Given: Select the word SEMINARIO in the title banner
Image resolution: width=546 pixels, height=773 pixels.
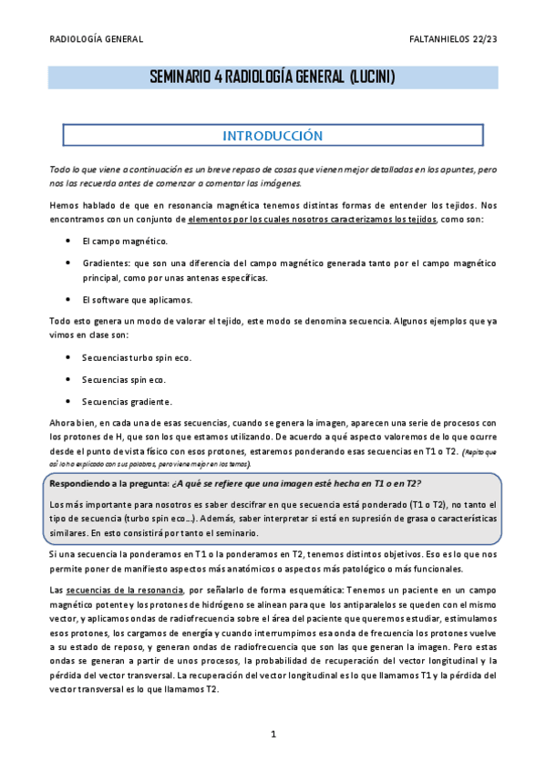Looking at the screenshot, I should click(x=181, y=78).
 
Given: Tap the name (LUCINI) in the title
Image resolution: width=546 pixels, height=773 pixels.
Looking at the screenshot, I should click(x=372, y=78).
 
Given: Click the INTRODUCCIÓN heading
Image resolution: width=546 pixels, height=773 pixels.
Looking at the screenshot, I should click(x=273, y=135).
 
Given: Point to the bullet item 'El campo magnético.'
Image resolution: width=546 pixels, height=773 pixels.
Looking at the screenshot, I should click(x=124, y=242).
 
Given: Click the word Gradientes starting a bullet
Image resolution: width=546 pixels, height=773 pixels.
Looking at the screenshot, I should click(x=106, y=262).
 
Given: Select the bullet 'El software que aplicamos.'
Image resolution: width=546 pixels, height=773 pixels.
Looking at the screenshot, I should click(x=137, y=299).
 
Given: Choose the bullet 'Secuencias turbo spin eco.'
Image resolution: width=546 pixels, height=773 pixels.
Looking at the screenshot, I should click(x=137, y=358).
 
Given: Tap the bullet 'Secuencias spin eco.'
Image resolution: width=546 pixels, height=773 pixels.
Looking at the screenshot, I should click(x=124, y=379).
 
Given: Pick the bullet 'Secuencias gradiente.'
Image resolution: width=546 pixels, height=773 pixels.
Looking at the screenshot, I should click(x=127, y=401).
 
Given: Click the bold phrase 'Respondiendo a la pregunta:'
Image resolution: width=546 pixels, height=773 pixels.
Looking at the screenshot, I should click(x=108, y=482).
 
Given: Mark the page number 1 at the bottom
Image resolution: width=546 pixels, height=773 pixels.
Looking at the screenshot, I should click(x=273, y=734).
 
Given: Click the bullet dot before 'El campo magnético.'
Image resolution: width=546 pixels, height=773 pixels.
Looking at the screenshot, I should click(x=70, y=242).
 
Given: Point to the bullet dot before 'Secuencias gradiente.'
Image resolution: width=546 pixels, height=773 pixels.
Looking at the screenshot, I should click(x=70, y=401).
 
